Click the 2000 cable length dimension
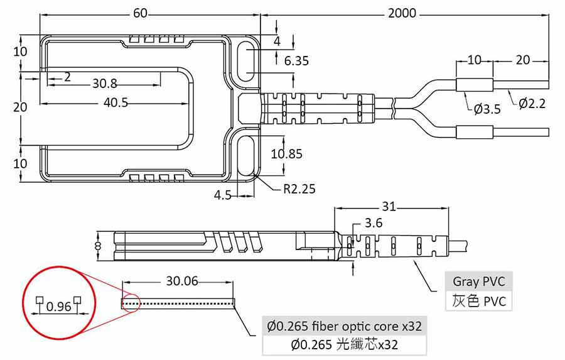point(402,13)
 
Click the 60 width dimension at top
point(141,13)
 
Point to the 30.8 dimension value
point(105,83)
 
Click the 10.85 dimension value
point(286,154)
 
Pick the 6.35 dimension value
point(296,61)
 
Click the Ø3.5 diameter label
point(487,109)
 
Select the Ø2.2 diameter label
point(532,103)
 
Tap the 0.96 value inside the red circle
point(59,307)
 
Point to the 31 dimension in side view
point(389,206)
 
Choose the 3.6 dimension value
point(374,223)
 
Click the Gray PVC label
point(478,281)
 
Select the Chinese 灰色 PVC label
point(478,301)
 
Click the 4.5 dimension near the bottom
point(223,195)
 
